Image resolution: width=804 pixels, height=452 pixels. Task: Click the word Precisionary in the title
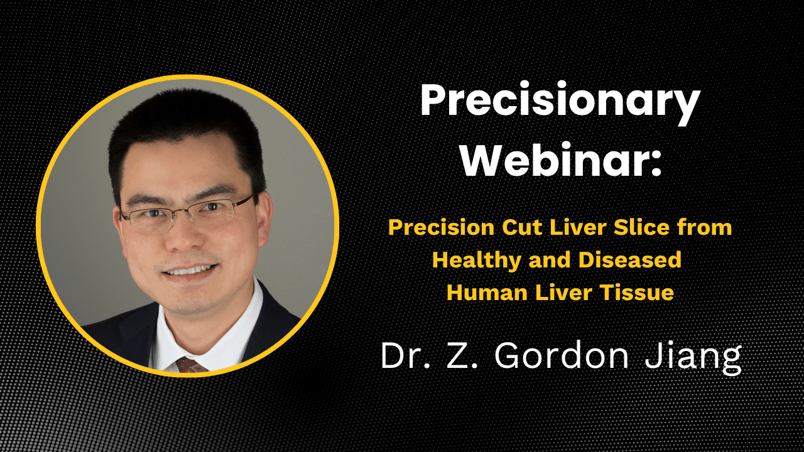tap(560, 104)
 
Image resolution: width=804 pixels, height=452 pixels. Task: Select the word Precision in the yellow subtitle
tap(442, 227)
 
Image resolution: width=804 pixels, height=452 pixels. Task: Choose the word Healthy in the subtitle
tap(477, 261)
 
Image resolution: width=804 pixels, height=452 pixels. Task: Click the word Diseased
tap(630, 260)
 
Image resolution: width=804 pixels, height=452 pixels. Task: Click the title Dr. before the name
tap(405, 355)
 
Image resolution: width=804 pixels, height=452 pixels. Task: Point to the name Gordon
tap(562, 355)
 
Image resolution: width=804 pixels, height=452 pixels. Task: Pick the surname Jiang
tap(693, 358)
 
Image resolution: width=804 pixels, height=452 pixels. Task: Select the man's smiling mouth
tap(190, 271)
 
